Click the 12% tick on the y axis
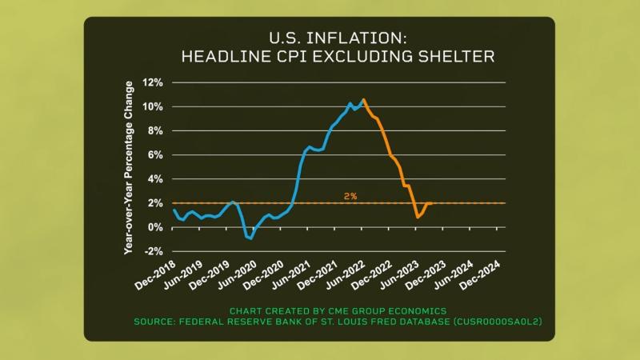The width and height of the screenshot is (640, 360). click(x=153, y=82)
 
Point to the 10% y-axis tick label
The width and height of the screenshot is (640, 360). click(x=153, y=106)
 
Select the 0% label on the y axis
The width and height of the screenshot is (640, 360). click(x=156, y=227)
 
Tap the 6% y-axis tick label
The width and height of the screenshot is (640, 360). click(x=156, y=155)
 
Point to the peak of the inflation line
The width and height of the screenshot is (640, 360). click(x=364, y=100)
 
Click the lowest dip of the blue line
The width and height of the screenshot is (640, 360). click(x=250, y=238)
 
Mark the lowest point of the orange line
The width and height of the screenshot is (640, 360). click(x=418, y=217)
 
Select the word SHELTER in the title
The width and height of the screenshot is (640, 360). click(x=456, y=57)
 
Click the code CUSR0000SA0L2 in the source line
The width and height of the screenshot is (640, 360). click(x=498, y=321)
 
